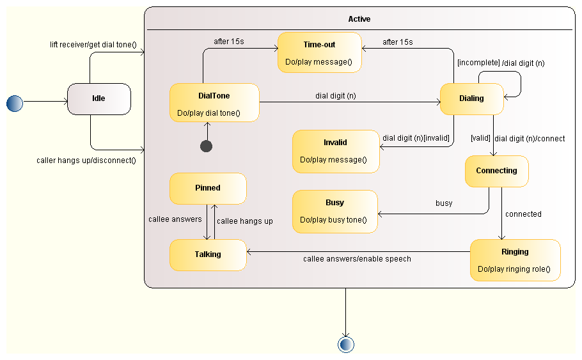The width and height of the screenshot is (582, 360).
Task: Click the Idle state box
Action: point(99,99)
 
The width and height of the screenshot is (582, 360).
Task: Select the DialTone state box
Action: point(214,103)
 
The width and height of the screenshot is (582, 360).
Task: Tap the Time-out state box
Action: point(319,52)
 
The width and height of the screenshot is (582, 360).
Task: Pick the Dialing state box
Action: point(471,99)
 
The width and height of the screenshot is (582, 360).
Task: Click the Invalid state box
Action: point(335,152)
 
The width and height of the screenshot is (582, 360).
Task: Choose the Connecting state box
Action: point(496,171)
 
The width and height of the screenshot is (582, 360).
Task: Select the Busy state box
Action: point(334,211)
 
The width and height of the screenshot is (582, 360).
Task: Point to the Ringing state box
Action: point(515,260)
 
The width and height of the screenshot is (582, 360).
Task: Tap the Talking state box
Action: point(208,254)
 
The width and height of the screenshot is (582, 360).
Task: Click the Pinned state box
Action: point(208,188)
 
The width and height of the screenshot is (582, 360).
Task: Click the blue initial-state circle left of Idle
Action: point(14,102)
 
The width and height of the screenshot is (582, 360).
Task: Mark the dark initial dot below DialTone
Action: point(206,146)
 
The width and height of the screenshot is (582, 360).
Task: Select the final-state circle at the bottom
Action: point(346,345)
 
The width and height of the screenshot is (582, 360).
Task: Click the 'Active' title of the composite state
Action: point(359,19)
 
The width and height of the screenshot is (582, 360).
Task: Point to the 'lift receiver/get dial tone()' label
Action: point(93,45)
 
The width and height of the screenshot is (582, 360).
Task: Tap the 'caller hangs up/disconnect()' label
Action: point(86,160)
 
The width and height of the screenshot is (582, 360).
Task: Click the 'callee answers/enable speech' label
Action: point(357,259)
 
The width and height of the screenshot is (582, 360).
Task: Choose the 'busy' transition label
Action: point(444,203)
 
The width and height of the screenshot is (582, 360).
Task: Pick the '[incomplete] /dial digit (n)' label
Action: point(501,63)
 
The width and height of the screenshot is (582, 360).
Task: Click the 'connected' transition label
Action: point(523,214)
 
